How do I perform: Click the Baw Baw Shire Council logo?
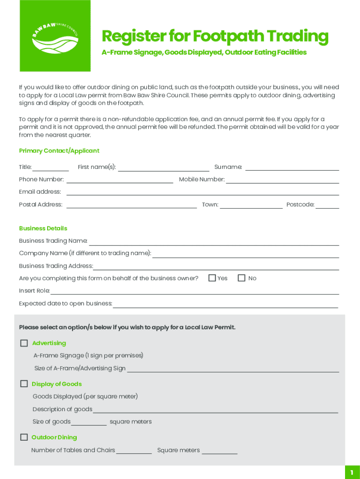tap(55, 36)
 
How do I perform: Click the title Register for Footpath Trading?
tap(215, 36)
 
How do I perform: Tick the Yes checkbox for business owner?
tap(212, 278)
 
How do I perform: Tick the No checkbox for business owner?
tap(242, 278)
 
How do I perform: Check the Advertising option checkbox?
tap(24, 343)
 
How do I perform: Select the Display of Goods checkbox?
tap(24, 384)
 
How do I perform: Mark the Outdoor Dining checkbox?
tap(24, 437)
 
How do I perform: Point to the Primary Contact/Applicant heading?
tap(59, 151)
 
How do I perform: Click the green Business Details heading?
tap(43, 228)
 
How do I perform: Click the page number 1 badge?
tap(352, 473)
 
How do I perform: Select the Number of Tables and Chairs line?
tap(134, 451)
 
